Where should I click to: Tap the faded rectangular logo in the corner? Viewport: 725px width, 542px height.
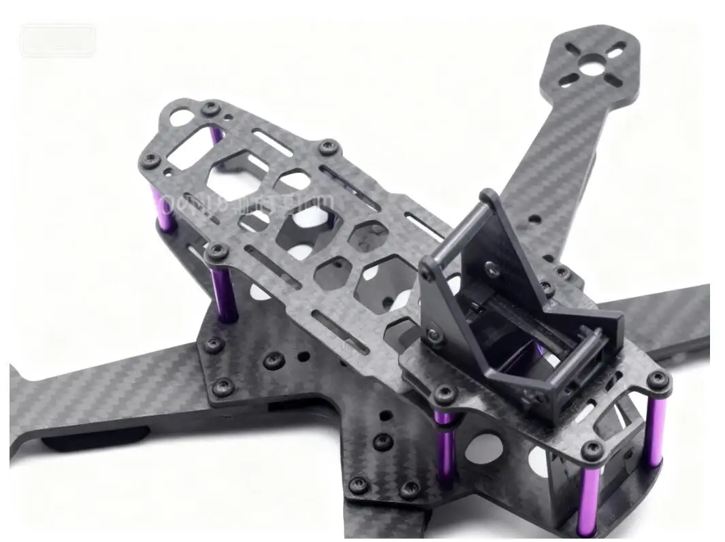point(58,40)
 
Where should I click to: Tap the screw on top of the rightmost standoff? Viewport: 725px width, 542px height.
point(658,381)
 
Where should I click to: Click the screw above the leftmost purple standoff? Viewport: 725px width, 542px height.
point(150,160)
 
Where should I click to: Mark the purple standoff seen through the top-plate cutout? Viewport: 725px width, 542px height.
point(216,134)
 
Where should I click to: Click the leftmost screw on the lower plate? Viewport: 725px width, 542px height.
point(214,345)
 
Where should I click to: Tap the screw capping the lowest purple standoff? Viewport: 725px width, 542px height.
point(593,449)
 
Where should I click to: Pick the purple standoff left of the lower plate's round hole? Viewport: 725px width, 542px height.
point(445,445)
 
